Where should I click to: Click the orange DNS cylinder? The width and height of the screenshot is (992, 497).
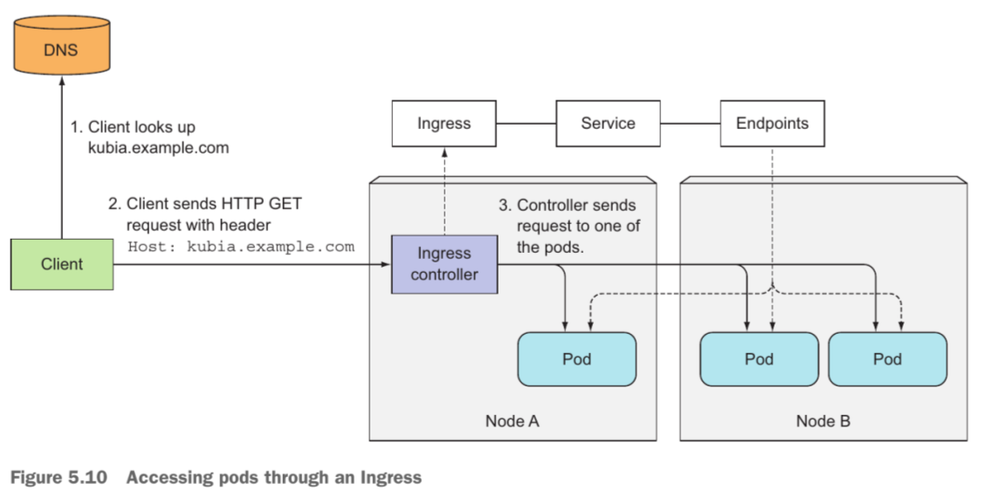pyautogui.click(x=61, y=44)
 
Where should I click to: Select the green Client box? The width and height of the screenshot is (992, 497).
pyautogui.click(x=62, y=264)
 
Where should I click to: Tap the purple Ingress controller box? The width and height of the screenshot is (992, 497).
pyautogui.click(x=444, y=264)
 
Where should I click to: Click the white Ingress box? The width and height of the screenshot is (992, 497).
pyautogui.click(x=444, y=123)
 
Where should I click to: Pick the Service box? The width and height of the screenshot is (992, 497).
pyautogui.click(x=608, y=123)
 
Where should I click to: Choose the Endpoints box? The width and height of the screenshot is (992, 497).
pyautogui.click(x=772, y=123)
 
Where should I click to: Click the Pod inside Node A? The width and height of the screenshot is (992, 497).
pyautogui.click(x=577, y=358)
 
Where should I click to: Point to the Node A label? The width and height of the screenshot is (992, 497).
pyautogui.click(x=512, y=420)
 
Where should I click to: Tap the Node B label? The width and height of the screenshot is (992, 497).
pyautogui.click(x=823, y=420)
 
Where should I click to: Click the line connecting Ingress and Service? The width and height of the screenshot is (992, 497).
pyautogui.click(x=527, y=123)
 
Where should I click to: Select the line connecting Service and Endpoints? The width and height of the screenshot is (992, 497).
pyautogui.click(x=690, y=123)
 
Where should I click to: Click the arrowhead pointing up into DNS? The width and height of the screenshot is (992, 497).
pyautogui.click(x=62, y=81)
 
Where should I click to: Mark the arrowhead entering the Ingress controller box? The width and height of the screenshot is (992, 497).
pyautogui.click(x=386, y=264)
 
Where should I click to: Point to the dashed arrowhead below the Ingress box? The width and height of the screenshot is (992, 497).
pyautogui.click(x=444, y=153)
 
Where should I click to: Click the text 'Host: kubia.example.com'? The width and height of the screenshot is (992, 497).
pyautogui.click(x=241, y=247)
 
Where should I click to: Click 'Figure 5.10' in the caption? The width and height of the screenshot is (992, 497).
pyautogui.click(x=59, y=477)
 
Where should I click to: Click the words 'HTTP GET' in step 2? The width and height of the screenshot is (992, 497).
pyautogui.click(x=261, y=204)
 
